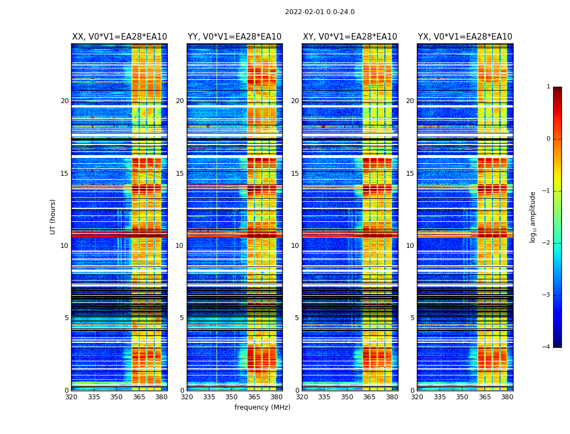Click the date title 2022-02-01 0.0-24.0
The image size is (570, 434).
320,12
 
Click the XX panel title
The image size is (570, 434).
119,37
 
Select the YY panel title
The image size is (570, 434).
235,37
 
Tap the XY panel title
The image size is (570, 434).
350,37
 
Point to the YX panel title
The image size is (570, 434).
465,37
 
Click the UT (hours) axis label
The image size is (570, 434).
53,216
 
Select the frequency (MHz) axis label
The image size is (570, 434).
262,407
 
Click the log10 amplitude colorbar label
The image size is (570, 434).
533,216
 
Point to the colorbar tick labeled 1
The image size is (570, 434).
548,87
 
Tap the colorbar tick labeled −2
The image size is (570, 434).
548,243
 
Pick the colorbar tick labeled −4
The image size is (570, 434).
548,347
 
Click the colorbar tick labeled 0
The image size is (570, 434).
548,139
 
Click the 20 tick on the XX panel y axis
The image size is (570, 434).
65,101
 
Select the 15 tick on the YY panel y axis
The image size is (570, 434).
180,174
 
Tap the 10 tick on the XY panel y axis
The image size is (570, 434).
295,246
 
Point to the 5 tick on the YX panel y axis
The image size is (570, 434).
412,318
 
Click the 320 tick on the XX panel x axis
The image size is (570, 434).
72,397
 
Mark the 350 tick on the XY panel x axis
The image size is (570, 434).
347,397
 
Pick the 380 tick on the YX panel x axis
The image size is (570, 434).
507,397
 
